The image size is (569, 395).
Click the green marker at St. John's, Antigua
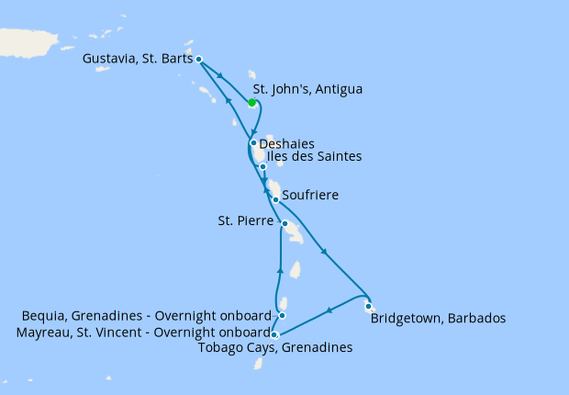[251, 103]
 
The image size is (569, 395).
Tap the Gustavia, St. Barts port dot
[199, 59]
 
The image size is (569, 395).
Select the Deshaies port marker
[252, 143]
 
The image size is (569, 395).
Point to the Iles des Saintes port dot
[262, 166]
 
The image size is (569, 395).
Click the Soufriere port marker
[275, 199]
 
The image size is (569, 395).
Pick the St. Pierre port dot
[284, 224]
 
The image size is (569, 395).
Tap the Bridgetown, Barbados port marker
[367, 307]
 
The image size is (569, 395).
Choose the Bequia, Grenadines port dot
[282, 316]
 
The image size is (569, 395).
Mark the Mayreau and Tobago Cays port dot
[274, 334]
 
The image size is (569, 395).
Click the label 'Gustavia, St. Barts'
[138, 59]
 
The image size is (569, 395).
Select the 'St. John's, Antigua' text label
[307, 89]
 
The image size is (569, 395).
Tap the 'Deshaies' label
[287, 144]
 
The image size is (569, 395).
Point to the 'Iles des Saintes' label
[313, 157]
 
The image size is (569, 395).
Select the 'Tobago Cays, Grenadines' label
[275, 347]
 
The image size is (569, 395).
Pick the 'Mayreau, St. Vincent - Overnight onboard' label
[143, 333]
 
